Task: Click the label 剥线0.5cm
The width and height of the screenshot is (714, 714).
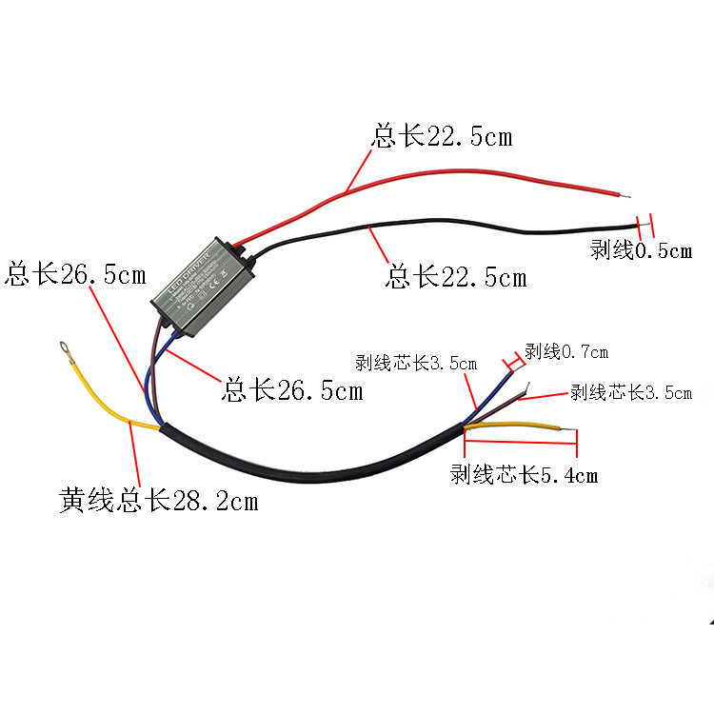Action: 641,251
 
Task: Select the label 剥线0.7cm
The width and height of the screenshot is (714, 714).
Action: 566,352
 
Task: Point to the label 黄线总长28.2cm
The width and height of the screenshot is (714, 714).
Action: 158,500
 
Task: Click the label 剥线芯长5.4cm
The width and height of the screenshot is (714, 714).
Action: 524,474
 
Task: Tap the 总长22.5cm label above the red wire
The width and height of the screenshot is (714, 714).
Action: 442,137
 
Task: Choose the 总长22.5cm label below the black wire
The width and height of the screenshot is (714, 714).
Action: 455,277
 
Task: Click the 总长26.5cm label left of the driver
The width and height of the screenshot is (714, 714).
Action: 76,275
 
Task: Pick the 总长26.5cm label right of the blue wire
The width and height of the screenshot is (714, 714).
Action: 292,389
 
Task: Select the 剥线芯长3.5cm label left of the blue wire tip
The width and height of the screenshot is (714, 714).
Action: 416,363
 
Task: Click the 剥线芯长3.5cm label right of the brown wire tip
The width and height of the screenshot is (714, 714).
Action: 631,392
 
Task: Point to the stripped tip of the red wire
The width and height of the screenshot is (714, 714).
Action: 625,196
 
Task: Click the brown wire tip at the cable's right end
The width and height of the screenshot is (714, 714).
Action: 525,389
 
